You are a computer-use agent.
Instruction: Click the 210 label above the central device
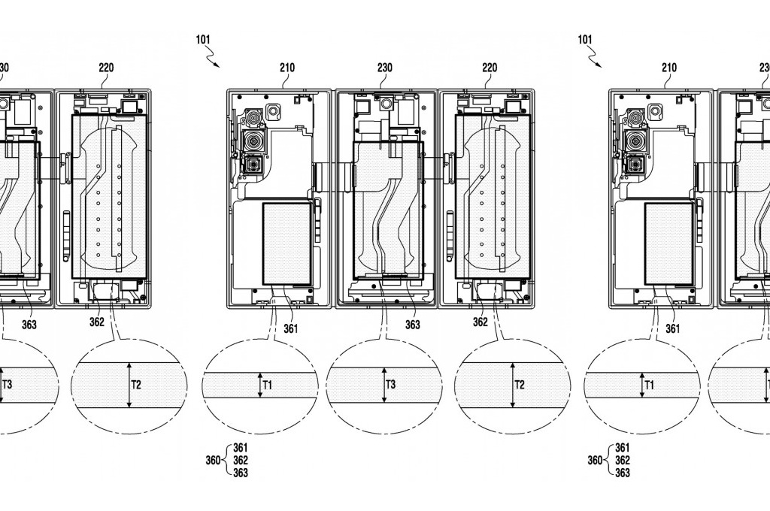tap(287, 68)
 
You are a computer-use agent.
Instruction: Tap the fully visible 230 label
tap(385, 68)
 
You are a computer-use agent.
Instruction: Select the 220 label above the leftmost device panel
tap(106, 68)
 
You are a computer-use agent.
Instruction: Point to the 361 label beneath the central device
tap(291, 328)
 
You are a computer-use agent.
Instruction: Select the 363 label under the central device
tap(412, 325)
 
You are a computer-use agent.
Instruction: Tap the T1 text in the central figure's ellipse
tap(268, 385)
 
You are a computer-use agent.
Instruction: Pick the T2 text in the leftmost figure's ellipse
tap(137, 385)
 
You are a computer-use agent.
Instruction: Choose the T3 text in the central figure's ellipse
tap(390, 385)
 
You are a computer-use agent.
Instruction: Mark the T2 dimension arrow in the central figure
tap(512, 385)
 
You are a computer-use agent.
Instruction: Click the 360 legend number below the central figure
tap(214, 460)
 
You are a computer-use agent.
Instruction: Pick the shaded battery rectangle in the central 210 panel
tap(286, 243)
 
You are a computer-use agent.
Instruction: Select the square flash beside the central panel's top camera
tap(274, 111)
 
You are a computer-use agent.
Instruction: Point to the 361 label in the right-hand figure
tap(673, 328)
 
